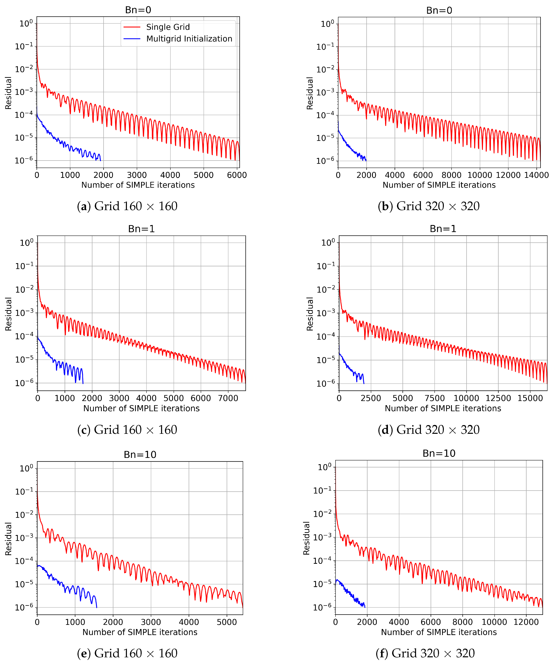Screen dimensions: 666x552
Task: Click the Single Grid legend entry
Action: [168, 27]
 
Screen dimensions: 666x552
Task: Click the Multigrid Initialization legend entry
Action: [189, 39]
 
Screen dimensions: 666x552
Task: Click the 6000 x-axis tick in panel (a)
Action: [237, 175]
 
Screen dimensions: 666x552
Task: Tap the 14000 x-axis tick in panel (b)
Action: [536, 175]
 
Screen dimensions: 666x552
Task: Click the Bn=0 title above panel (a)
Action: [138, 10]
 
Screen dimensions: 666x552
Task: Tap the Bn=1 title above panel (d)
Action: [443, 229]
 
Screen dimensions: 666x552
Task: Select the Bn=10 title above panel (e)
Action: [140, 455]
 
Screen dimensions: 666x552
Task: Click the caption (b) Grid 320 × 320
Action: [428, 206]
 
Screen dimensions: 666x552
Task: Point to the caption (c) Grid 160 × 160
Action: [127, 430]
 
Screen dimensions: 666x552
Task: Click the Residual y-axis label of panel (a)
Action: [8, 93]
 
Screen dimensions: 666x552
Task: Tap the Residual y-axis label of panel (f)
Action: [306, 538]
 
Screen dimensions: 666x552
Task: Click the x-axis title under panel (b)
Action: [439, 185]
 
